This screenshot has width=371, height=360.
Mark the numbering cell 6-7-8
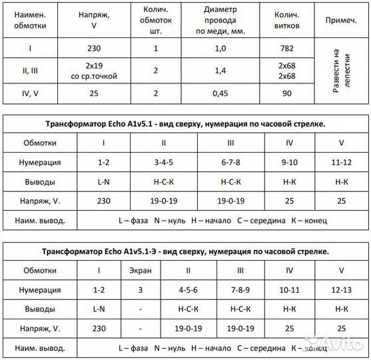coord(230,162)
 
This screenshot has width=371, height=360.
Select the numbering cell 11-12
coord(341,162)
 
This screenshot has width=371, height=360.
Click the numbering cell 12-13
coord(341,290)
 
